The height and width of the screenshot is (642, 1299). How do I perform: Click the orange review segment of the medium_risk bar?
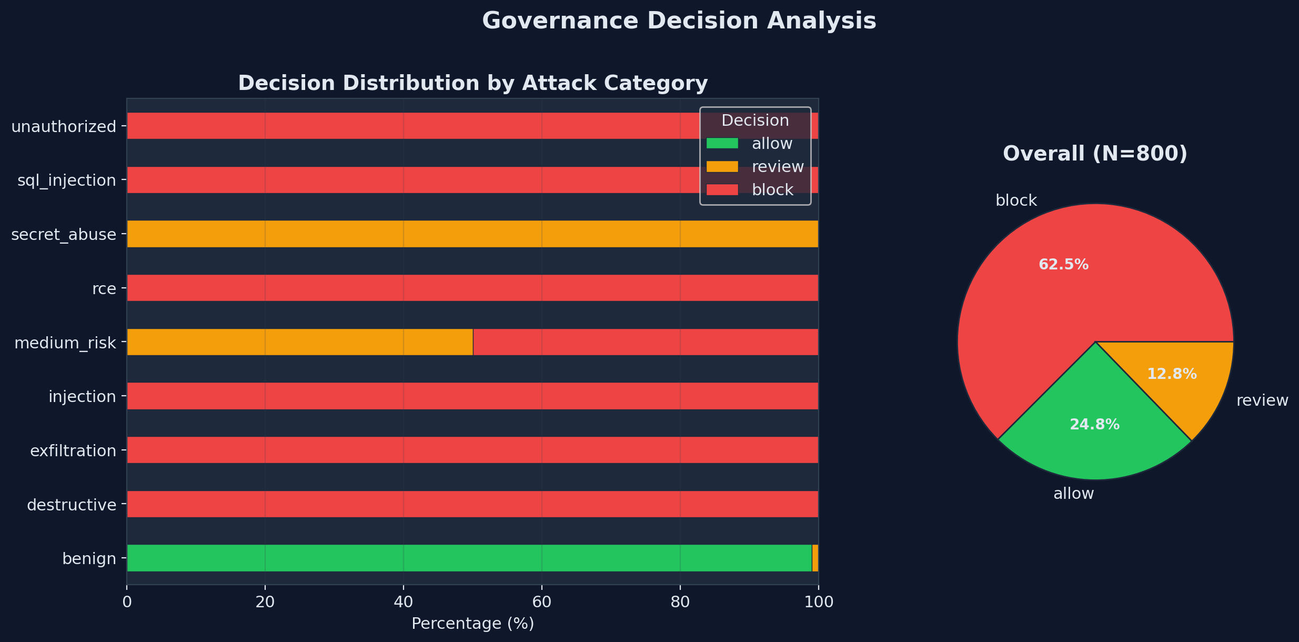click(x=300, y=342)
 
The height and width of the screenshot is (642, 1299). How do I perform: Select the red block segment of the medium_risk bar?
click(x=646, y=342)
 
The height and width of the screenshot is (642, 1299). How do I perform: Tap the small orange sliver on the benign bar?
click(x=815, y=558)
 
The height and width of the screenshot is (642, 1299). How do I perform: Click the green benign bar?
click(x=468, y=558)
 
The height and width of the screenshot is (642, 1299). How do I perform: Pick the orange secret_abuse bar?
click(x=472, y=234)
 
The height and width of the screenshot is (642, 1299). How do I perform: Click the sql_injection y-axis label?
click(x=67, y=180)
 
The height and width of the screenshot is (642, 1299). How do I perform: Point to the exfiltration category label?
click(x=73, y=451)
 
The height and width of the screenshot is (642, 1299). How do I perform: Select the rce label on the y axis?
click(x=104, y=288)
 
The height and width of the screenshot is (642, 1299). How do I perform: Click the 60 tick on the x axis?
click(x=541, y=603)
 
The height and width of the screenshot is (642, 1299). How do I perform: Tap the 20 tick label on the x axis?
click(x=265, y=603)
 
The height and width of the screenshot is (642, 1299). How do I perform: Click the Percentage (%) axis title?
click(x=472, y=624)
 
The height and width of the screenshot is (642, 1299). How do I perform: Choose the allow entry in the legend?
click(x=772, y=144)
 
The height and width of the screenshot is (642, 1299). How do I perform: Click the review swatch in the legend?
click(x=722, y=167)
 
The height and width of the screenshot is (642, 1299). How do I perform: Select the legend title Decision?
click(x=755, y=121)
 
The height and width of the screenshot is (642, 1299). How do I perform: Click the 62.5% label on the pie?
click(x=1063, y=265)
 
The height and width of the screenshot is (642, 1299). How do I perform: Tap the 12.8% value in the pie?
click(x=1172, y=374)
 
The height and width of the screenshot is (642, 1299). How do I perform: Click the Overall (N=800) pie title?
click(x=1095, y=154)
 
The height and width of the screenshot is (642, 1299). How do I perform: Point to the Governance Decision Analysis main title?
click(x=679, y=21)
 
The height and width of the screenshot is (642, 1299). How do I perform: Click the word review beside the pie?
click(x=1262, y=400)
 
